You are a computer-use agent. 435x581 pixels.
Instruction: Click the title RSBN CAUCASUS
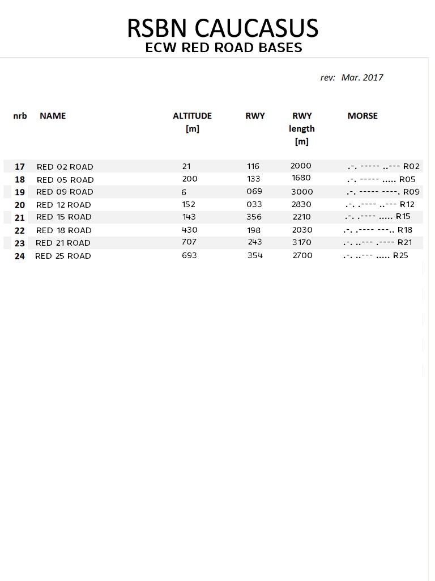(223, 28)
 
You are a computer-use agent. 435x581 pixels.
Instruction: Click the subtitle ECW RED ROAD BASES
(223, 48)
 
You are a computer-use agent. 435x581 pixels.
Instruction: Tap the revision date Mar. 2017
(362, 77)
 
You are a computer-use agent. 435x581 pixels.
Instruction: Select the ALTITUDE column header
(192, 116)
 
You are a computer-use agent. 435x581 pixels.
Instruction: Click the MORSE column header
(362, 116)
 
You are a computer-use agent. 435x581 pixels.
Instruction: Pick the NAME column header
(53, 116)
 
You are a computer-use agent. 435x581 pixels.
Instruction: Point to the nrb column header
(20, 116)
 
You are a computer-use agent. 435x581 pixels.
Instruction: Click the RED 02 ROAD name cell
(65, 167)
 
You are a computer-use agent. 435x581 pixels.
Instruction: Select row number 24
(20, 256)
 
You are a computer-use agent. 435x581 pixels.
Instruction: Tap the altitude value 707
(189, 242)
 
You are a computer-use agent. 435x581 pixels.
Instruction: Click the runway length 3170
(301, 243)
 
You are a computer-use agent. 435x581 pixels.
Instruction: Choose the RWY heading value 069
(254, 192)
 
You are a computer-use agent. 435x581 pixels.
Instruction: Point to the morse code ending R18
(377, 230)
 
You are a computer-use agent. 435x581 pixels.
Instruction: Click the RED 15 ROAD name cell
(63, 217)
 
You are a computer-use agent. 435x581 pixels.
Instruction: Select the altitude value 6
(184, 192)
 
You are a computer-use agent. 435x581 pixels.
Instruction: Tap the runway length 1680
(301, 179)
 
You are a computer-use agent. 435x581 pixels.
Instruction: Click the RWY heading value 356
(254, 217)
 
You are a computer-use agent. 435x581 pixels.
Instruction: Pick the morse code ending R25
(375, 256)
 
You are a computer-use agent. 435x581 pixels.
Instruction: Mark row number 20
(20, 205)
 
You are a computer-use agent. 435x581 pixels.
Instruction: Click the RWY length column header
(302, 129)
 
